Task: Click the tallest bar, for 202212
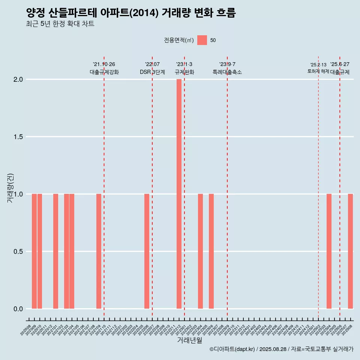179,194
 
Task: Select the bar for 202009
34,251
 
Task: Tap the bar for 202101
55,251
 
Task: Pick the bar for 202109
99,251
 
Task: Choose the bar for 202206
147,251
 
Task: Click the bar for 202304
200,251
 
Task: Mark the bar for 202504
329,251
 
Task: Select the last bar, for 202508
350,251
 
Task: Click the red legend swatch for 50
202,40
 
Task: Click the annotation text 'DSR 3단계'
152,72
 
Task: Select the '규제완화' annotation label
184,72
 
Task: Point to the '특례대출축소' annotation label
227,72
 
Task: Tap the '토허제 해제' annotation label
318,71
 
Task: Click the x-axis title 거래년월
189,340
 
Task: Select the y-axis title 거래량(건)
10,187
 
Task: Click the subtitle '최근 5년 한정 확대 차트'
60,24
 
